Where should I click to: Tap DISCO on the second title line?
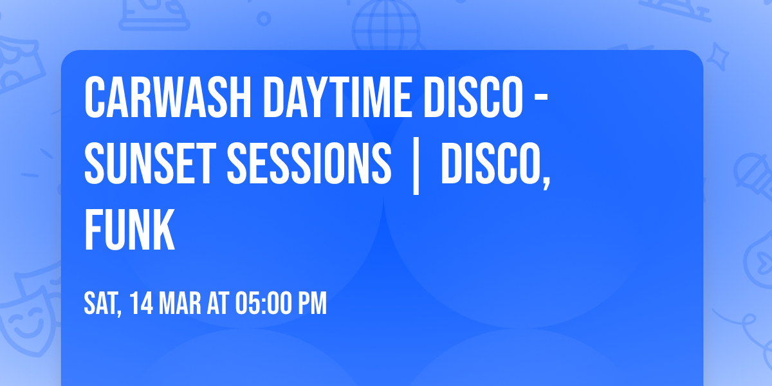click(489, 163)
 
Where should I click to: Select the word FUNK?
click(129, 230)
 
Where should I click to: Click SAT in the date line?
click(100, 303)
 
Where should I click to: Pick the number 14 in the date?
click(142, 303)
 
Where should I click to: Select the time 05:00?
click(262, 303)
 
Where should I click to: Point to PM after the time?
click(313, 303)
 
